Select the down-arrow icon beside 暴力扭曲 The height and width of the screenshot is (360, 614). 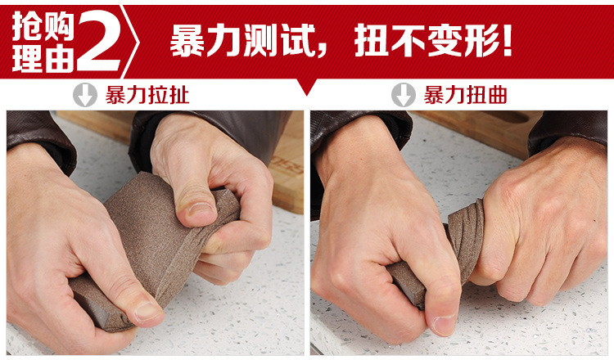click(x=402, y=95)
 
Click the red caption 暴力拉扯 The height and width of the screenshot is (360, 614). click(x=147, y=95)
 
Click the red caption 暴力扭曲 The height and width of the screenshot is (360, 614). click(x=465, y=95)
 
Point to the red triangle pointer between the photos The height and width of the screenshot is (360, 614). click(x=307, y=86)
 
